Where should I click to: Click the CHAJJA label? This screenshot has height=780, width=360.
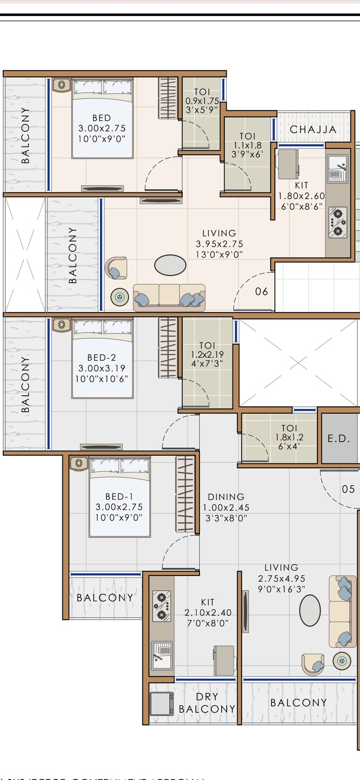[313, 130]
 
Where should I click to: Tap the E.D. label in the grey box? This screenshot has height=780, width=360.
[339, 439]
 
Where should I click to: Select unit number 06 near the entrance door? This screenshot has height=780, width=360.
[261, 291]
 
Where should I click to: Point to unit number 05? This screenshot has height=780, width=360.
[348, 489]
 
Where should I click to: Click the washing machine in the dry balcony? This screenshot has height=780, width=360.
[161, 704]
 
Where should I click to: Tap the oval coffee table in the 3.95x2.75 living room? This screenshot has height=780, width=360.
[170, 265]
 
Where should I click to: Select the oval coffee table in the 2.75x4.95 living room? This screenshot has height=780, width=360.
[310, 610]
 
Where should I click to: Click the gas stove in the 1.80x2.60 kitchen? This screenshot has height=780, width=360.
[338, 222]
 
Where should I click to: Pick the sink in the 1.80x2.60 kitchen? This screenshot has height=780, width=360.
[337, 169]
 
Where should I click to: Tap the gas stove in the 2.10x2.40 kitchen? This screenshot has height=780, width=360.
[161, 606]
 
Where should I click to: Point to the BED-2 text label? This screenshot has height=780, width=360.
[101, 358]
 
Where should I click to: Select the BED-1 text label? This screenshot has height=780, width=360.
[119, 496]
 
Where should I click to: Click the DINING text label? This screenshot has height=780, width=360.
[226, 497]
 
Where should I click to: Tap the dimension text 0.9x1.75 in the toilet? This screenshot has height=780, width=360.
[202, 101]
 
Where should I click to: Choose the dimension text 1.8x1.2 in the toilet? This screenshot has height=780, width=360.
[289, 437]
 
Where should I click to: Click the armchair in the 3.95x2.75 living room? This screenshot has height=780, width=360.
[116, 268]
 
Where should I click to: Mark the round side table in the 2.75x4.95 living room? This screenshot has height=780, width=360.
[342, 661]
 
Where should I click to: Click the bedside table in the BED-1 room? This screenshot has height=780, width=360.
[78, 463]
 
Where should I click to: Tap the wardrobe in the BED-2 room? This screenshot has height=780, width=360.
[168, 347]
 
